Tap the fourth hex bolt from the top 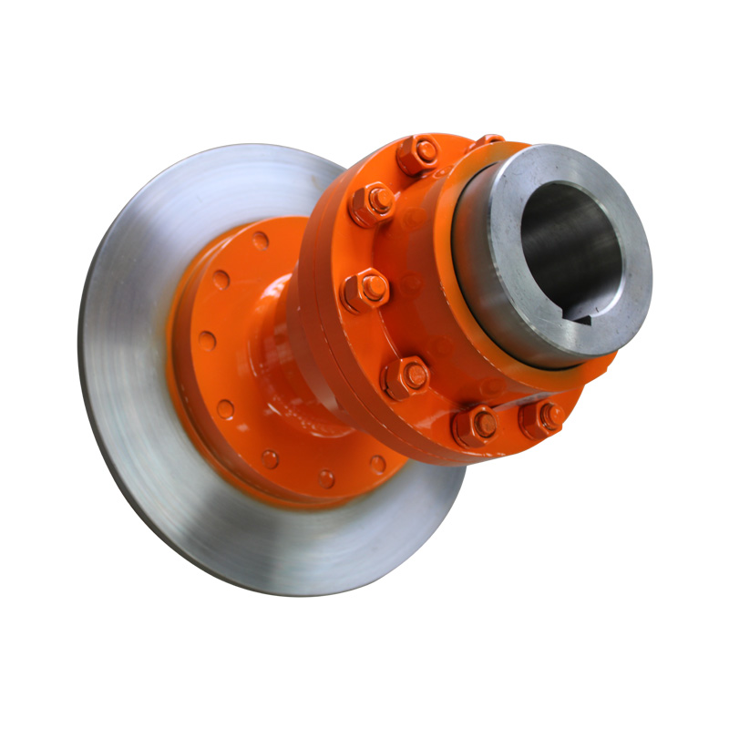[406, 375]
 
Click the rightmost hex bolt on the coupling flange [541, 417]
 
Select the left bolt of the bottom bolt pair [475, 424]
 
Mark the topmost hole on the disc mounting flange [261, 241]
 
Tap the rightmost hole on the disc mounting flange [376, 464]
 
